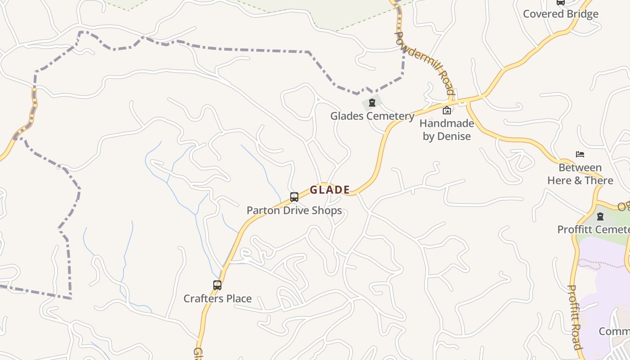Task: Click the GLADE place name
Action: click(330, 190)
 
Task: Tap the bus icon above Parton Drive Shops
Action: click(294, 197)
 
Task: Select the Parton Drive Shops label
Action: click(294, 211)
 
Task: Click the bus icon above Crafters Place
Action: click(217, 285)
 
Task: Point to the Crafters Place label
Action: click(217, 298)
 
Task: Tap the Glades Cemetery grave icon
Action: click(372, 103)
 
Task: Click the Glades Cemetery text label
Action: click(372, 116)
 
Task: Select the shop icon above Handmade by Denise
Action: click(447, 110)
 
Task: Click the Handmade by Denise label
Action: click(447, 130)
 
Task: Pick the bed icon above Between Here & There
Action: click(580, 154)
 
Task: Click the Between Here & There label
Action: click(580, 174)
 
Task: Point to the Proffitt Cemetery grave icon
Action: click(600, 216)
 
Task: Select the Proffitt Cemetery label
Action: click(593, 229)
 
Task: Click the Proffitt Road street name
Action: click(575, 317)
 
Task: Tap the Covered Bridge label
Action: click(561, 14)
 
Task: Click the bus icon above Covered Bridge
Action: click(561, 2)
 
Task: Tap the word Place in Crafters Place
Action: click(238, 298)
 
